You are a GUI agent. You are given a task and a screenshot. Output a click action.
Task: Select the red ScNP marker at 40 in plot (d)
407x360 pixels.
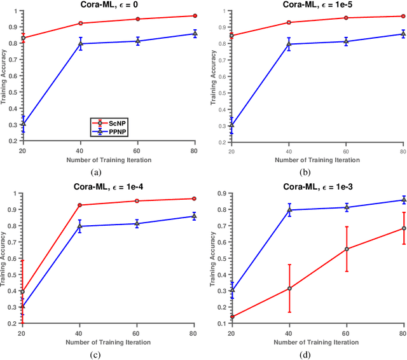(289, 288)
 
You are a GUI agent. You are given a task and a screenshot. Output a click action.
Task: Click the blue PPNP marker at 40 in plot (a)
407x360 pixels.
(80, 44)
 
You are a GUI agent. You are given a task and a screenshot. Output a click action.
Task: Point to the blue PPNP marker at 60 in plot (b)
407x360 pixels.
(346, 41)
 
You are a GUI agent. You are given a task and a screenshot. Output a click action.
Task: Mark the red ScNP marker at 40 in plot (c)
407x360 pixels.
(80, 205)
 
